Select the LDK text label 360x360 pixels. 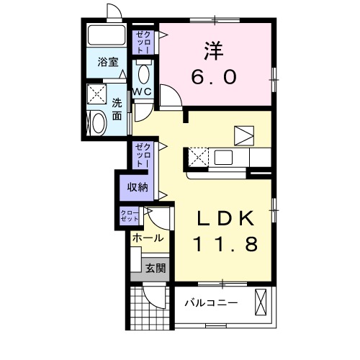pos(225,217)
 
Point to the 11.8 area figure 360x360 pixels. pos(225,245)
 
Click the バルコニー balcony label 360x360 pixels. pos(210,302)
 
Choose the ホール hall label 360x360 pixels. pos(148,238)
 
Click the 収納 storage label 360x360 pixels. pos(138,187)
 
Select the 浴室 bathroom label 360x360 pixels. pos(108,63)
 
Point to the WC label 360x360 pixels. pos(142,92)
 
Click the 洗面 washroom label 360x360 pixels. pos(116,109)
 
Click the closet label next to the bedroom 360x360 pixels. pos(142,41)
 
